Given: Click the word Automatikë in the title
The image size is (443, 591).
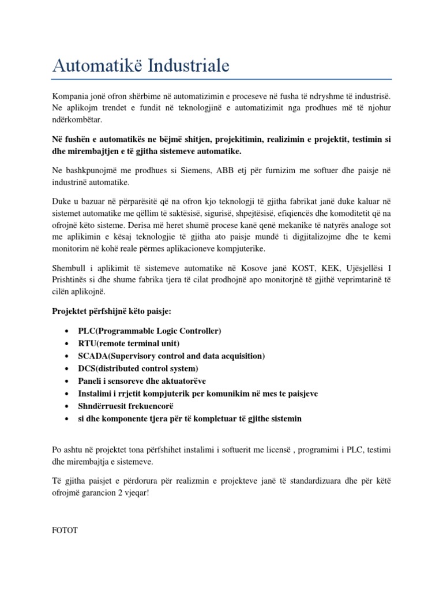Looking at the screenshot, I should pyautogui.click(x=97, y=66).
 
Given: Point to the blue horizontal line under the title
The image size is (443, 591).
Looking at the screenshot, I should pyautogui.click(x=221, y=78).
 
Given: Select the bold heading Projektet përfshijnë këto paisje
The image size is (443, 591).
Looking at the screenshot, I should pyautogui.click(x=108, y=312).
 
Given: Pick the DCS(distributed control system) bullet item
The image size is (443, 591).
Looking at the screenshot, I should pyautogui.click(x=138, y=368).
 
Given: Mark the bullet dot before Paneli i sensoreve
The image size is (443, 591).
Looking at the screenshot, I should pyautogui.click(x=68, y=381).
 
